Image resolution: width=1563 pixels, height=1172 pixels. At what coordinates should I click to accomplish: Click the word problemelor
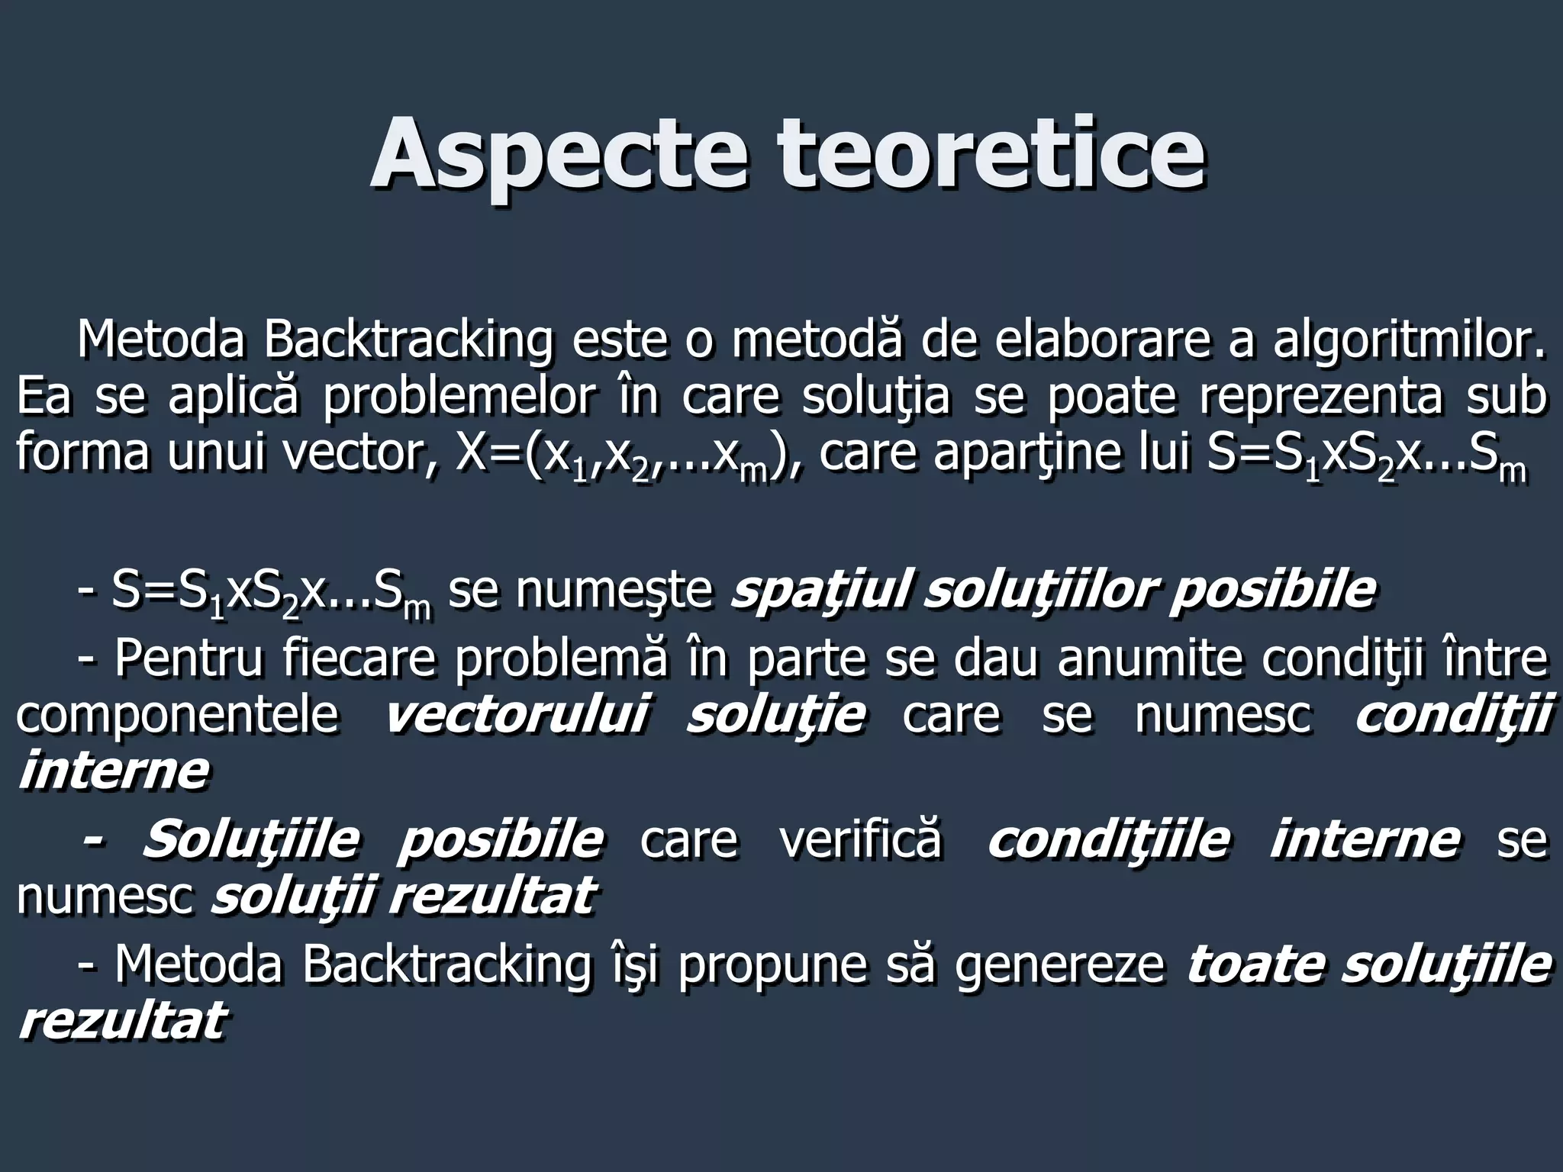pyautogui.click(x=457, y=396)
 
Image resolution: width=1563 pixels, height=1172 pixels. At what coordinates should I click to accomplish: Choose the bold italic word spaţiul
pyautogui.click(x=820, y=590)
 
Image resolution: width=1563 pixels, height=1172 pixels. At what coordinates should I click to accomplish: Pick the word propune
pyautogui.click(x=772, y=964)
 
